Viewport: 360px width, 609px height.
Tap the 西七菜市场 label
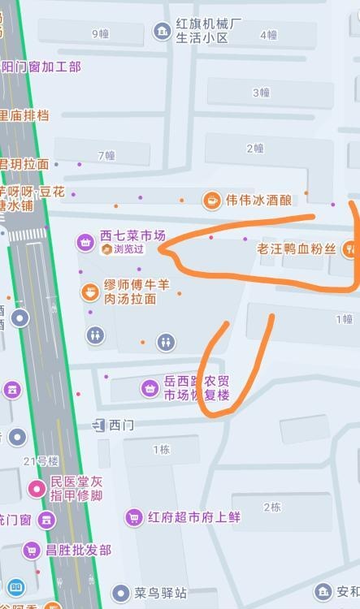pos(132,235)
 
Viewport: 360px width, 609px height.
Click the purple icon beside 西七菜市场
pos(85,241)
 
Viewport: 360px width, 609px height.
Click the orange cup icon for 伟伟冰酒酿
pos(211,199)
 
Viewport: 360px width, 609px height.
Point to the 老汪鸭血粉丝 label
pos(296,248)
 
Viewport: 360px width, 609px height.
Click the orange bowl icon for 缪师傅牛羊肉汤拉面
pos(89,292)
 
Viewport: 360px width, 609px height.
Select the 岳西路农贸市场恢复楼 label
pos(197,387)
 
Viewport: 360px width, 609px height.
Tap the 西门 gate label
pos(121,424)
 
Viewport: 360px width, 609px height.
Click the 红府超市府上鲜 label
pos(194,516)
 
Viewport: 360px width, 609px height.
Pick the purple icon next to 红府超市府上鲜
pos(134,516)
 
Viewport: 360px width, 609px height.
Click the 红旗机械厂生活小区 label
pos(209,30)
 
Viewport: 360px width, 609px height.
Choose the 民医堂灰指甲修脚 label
pos(76,488)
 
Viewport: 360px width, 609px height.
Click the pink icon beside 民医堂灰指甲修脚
pos(37,488)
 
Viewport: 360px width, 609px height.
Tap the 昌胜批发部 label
pos(78,550)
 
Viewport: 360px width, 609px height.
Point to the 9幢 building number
pos(100,33)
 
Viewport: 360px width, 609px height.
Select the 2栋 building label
pos(272,508)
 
